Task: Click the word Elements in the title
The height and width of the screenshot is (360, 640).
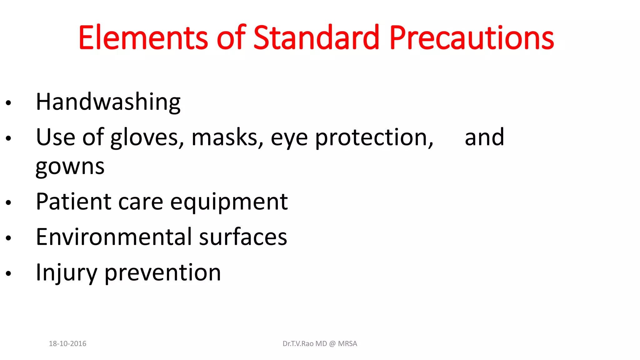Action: click(x=143, y=38)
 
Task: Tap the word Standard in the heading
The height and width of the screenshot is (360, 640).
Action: click(x=316, y=38)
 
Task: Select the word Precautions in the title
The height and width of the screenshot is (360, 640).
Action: click(x=472, y=38)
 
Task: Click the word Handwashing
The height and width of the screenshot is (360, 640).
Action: click(x=108, y=102)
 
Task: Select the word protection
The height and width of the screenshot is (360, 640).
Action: click(x=374, y=137)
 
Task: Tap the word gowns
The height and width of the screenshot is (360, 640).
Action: click(x=70, y=167)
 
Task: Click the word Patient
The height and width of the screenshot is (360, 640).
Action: click(x=73, y=202)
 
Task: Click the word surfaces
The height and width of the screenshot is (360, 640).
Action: click(x=243, y=237)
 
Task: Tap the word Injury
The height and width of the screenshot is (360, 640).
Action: click(x=67, y=273)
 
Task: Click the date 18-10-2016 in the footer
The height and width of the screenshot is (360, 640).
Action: click(x=67, y=343)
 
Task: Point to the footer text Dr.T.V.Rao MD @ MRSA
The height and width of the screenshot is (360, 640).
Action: click(x=320, y=343)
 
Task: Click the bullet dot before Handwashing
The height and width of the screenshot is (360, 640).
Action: click(x=8, y=103)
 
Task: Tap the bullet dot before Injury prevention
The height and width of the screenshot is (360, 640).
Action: click(x=8, y=273)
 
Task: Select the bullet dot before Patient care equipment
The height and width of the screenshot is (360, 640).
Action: click(x=8, y=202)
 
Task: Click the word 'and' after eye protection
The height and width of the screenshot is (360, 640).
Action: click(x=484, y=137)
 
